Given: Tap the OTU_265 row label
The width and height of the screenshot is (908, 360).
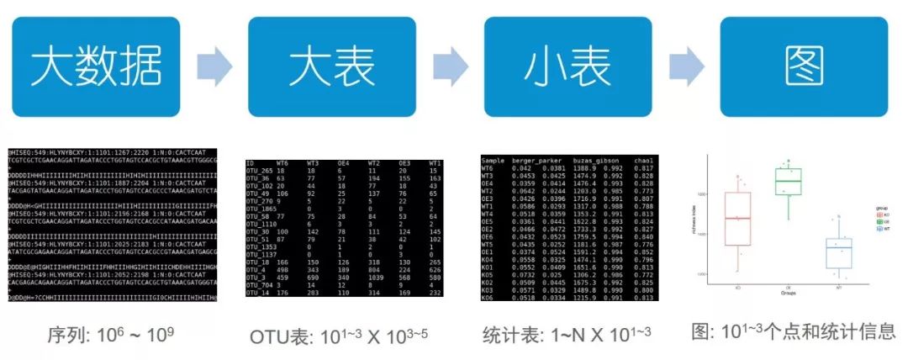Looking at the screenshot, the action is [x=261, y=170].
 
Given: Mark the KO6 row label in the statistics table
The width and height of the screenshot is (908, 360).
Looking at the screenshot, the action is [x=487, y=297].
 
